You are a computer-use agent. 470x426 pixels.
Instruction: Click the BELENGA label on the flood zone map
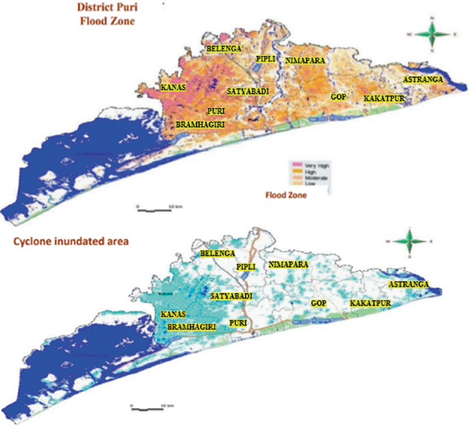(224, 49)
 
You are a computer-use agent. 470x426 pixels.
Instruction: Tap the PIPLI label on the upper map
(266, 60)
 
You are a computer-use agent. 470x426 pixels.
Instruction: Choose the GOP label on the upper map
(338, 97)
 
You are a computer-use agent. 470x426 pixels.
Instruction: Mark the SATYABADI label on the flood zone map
(248, 91)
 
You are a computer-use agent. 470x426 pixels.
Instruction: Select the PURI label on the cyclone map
(239, 322)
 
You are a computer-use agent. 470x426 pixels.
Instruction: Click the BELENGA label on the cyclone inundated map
(217, 254)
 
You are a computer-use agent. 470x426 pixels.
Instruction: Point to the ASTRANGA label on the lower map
(409, 284)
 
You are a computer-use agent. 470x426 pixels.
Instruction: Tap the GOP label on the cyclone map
(318, 303)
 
